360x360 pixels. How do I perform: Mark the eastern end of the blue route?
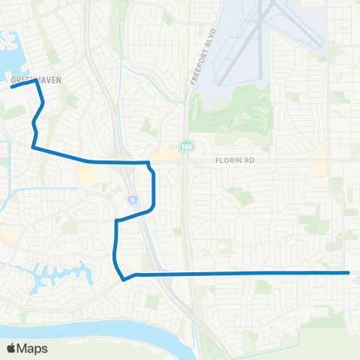pos(348,273)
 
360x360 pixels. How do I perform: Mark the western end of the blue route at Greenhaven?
pos(10,87)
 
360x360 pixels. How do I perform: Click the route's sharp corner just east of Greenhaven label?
pos(35,82)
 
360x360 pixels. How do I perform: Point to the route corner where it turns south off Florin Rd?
pos(148,163)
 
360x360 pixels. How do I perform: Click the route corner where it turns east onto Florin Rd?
pos(34,148)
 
